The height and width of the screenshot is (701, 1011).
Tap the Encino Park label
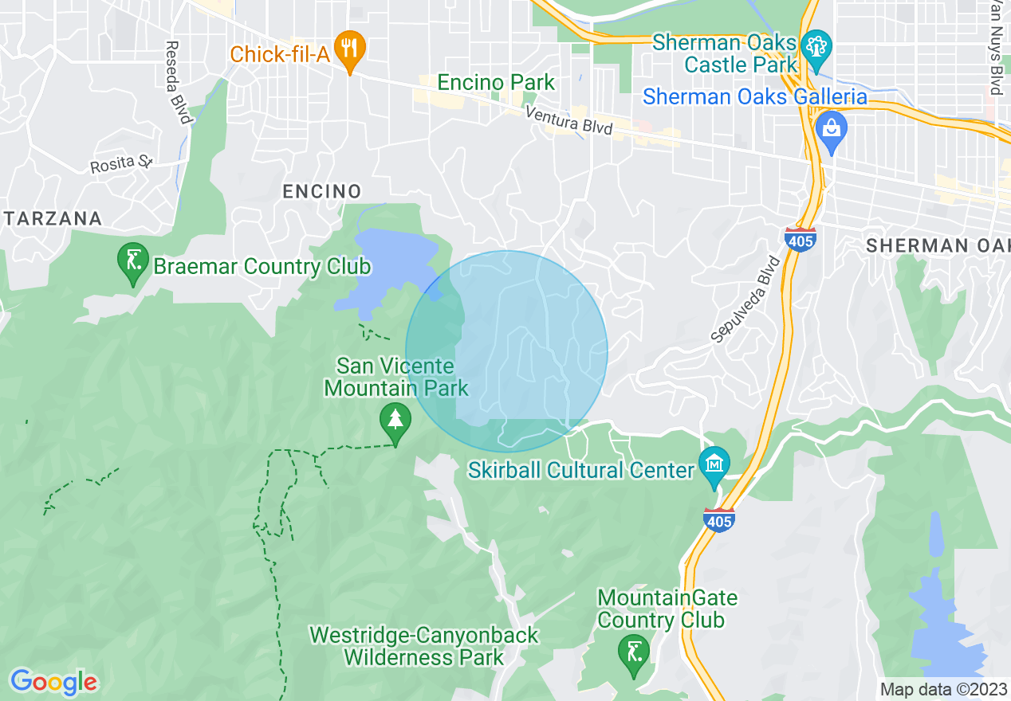pyautogui.click(x=496, y=82)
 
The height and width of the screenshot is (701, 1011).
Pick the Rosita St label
pyautogui.click(x=120, y=164)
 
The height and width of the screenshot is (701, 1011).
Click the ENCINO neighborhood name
pyautogui.click(x=322, y=191)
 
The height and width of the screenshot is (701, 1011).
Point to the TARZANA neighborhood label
pyautogui.click(x=53, y=218)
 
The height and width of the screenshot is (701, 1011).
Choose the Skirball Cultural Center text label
pyautogui.click(x=581, y=470)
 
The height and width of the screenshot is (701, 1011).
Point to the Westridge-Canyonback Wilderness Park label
pyautogui.click(x=424, y=646)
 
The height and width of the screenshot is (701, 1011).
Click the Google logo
pyautogui.click(x=53, y=682)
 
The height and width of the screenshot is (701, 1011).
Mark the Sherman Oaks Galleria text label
pyautogui.click(x=754, y=97)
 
